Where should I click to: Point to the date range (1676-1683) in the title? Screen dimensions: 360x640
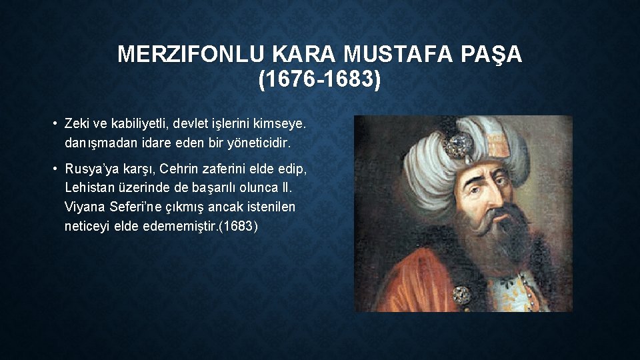point(320,79)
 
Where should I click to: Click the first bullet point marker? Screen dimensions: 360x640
point(57,123)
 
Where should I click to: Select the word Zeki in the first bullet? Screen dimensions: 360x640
point(77,123)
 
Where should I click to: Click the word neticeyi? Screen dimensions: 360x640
point(87,226)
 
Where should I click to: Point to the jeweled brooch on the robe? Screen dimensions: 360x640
point(461,294)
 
